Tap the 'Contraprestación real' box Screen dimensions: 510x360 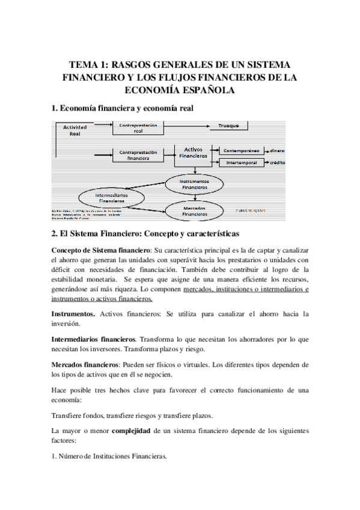[138, 127]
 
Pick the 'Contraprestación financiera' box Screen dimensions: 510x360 [138, 156]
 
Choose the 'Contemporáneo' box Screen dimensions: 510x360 [243, 150]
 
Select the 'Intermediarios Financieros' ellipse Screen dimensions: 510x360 [112, 198]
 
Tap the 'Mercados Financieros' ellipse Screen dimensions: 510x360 [194, 210]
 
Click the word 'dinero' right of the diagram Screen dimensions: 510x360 [277, 150]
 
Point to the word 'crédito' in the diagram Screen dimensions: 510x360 [277, 163]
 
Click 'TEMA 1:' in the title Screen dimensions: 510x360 [89, 64]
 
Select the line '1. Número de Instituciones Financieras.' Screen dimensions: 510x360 [109, 456]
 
